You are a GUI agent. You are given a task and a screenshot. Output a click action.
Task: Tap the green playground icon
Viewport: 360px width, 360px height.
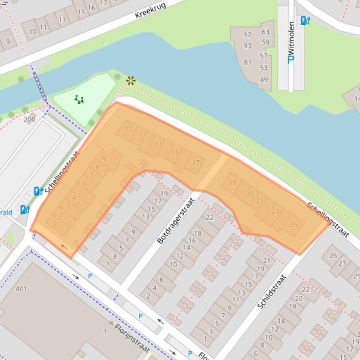[x=79, y=99]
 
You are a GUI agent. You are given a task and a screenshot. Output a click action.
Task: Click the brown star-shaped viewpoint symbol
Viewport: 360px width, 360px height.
[x=130, y=81]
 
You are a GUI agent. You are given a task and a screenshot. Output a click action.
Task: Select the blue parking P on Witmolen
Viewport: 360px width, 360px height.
[x=291, y=59]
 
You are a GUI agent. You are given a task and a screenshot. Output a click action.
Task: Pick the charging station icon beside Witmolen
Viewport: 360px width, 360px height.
[x=305, y=21]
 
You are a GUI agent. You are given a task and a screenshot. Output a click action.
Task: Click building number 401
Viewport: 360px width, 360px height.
[x=21, y=289]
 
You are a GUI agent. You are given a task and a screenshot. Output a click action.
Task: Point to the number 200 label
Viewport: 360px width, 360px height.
[x=29, y=119]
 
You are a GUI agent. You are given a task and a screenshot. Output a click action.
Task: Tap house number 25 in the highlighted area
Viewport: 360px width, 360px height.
[x=294, y=225]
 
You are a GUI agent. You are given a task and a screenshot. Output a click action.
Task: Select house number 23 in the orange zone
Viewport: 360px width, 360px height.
[x=275, y=211]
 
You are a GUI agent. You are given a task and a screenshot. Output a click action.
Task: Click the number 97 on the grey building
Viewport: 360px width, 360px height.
[x=247, y=35]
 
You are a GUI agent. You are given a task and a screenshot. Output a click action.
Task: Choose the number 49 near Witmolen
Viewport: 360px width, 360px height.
[x=264, y=79]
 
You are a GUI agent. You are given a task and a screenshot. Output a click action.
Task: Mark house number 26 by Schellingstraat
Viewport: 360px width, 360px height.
[x=333, y=255]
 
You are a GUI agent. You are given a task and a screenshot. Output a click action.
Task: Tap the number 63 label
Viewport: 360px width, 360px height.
[x=266, y=32]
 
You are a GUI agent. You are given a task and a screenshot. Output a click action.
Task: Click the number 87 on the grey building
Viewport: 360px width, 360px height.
[x=247, y=62]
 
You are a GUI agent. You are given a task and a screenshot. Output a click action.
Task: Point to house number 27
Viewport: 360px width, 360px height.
[x=342, y=263]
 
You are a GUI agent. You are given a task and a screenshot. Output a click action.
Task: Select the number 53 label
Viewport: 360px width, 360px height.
[x=264, y=68]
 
